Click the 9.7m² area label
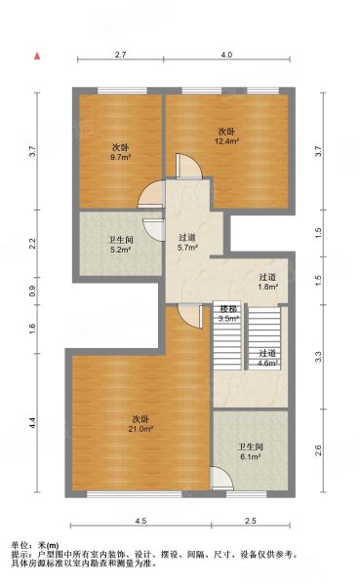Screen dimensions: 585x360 120,156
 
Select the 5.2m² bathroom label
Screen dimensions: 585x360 120,249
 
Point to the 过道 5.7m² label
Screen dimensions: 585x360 187,243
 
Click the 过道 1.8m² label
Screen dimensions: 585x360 267,282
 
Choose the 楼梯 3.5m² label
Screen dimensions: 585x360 227,313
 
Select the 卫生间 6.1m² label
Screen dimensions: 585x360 250,453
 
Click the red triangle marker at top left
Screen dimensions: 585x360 36,57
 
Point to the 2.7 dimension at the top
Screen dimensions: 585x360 121,55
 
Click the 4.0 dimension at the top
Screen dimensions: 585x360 226,55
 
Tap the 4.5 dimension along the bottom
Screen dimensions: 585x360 140,521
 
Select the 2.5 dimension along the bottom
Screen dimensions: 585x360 251,521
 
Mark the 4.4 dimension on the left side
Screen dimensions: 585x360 32,423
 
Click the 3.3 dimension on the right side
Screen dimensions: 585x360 318,356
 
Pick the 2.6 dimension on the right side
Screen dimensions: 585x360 318,449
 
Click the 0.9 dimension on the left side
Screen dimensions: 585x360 32,290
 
